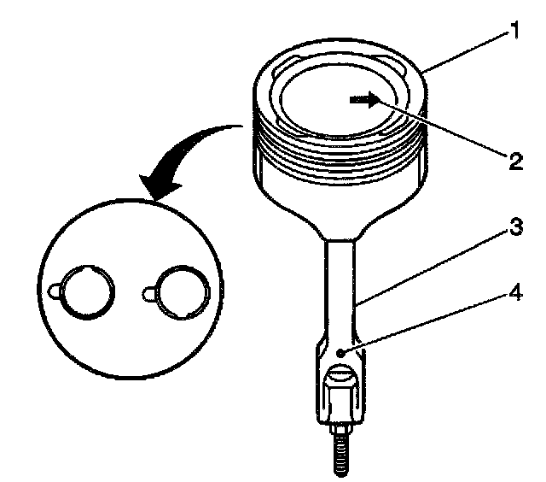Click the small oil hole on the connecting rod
coord(340,352)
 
